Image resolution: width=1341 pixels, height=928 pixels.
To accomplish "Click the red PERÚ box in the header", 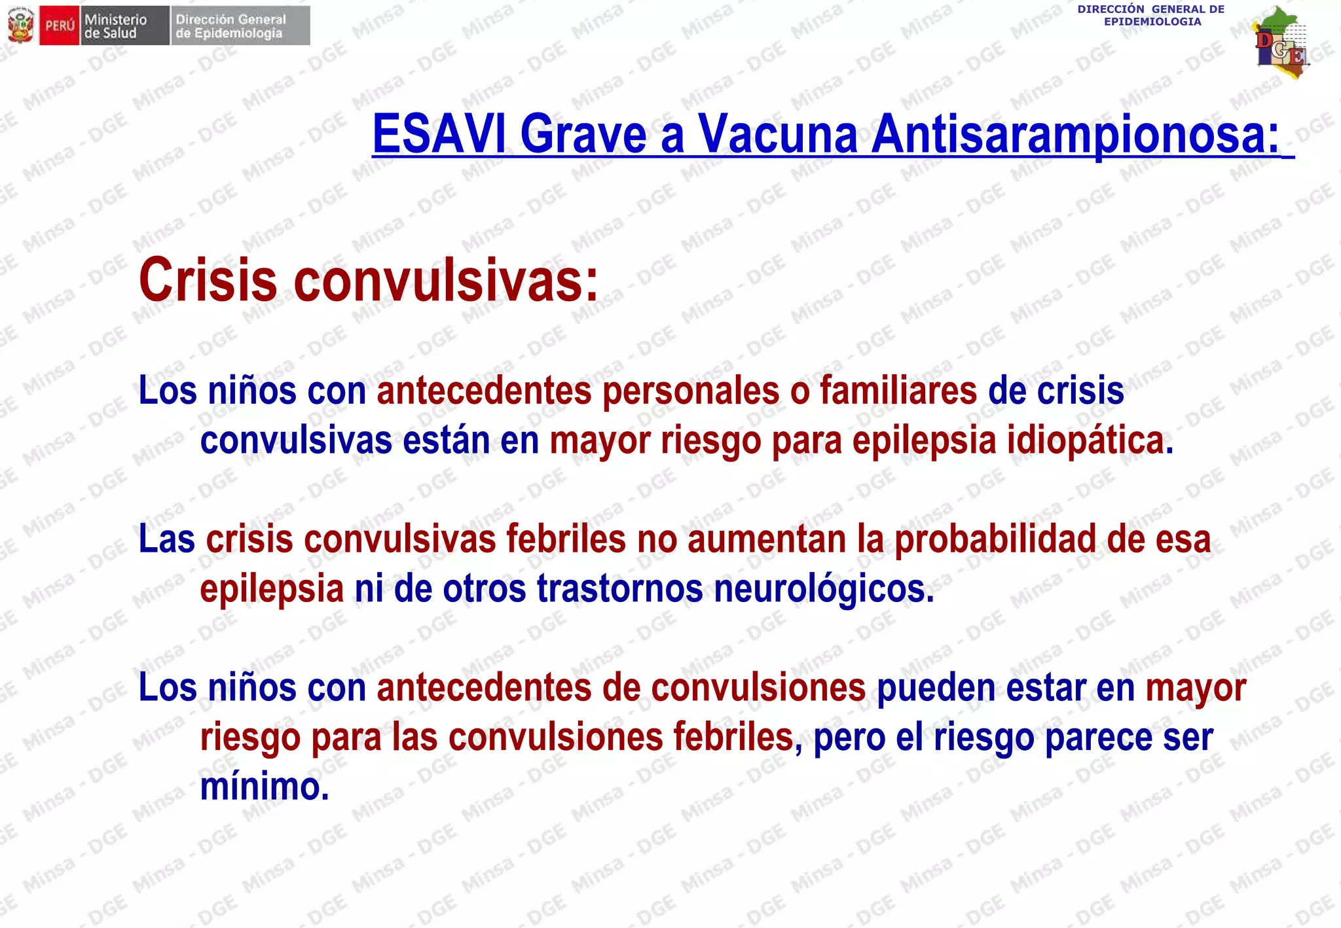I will click(x=60, y=26).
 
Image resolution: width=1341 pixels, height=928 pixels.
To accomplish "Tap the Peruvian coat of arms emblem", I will click(x=20, y=26).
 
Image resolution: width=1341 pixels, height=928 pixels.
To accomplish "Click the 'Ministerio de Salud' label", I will click(x=116, y=26).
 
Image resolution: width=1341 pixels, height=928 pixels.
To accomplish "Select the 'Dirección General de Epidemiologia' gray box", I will click(x=240, y=26).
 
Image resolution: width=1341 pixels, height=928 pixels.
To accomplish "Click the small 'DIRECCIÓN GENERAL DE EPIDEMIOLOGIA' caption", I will click(x=1151, y=15).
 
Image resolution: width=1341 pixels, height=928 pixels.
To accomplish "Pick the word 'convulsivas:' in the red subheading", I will click(x=446, y=280).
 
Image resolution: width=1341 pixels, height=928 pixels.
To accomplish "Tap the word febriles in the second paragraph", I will click(x=566, y=539).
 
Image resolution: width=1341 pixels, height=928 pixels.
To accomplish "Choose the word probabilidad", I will click(x=995, y=539).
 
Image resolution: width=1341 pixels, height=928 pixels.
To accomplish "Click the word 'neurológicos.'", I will click(x=824, y=588).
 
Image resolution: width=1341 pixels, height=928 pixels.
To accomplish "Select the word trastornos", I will click(x=619, y=588).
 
